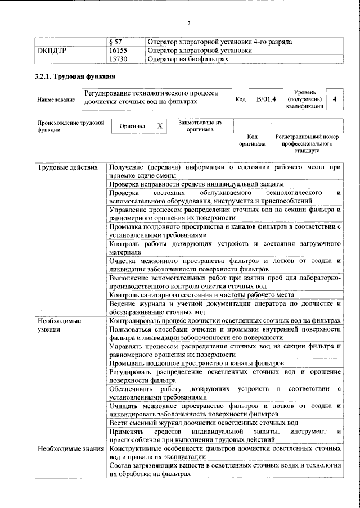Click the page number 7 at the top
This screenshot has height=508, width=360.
click(x=189, y=23)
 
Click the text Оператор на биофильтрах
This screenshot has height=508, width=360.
click(x=187, y=58)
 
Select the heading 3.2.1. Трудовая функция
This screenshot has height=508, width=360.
click(x=74, y=76)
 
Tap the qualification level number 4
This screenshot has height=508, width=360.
click(x=335, y=99)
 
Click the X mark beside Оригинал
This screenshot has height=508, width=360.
click(x=160, y=126)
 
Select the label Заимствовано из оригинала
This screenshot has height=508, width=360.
click(x=200, y=126)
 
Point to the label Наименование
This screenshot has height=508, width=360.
click(x=56, y=99)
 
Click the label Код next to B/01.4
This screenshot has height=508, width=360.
click(x=240, y=99)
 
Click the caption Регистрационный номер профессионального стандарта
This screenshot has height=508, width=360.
click(x=307, y=144)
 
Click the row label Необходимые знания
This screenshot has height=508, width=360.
click(x=70, y=449)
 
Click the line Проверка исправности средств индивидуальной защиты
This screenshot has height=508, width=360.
click(x=196, y=184)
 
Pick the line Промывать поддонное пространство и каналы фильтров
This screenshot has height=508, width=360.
click(x=196, y=364)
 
